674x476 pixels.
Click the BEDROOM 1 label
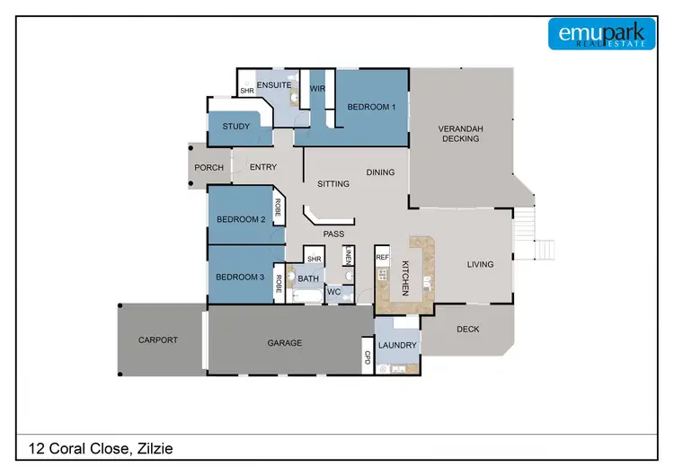coord(371,107)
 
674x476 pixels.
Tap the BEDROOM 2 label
coord(240,219)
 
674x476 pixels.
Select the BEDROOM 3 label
coord(240,277)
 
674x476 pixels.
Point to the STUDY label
coord(236,127)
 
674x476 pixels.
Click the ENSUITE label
coord(272,85)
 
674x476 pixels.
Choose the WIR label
coord(317,89)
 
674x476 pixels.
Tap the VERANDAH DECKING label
coord(460,134)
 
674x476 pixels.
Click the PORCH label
coord(209,167)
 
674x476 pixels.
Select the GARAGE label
coord(285,342)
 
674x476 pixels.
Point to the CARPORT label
coord(158,339)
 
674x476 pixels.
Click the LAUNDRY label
coord(397,345)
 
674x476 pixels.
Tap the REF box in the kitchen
coord(382,257)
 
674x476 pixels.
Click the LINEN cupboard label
coord(347,256)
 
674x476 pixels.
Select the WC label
coord(333,292)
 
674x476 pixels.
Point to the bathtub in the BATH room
coord(307,295)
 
